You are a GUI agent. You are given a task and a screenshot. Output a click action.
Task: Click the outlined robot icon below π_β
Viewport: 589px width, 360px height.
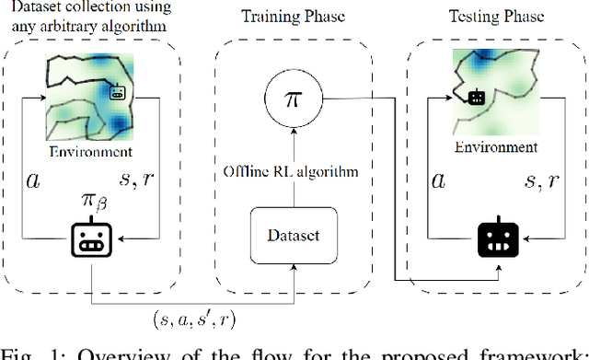click(x=89, y=241)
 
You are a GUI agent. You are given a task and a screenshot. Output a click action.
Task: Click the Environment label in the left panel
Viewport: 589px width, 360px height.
click(x=90, y=152)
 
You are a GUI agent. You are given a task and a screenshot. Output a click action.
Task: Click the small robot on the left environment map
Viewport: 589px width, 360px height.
click(x=117, y=91)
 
